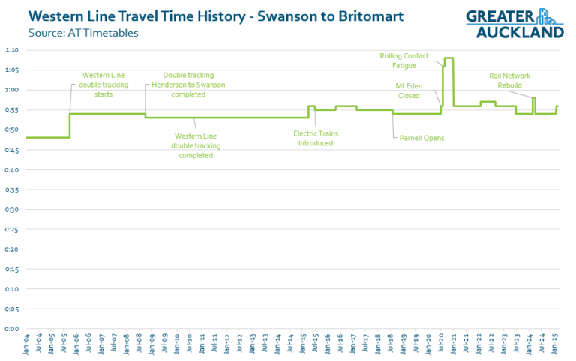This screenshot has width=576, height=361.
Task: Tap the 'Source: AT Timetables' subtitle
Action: (x=83, y=33)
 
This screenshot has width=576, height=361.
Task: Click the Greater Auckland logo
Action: (x=514, y=22)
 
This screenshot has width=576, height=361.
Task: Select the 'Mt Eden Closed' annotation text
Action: (x=409, y=91)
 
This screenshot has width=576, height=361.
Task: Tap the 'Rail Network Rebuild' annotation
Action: (x=509, y=80)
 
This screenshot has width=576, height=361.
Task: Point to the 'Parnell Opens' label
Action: (x=421, y=138)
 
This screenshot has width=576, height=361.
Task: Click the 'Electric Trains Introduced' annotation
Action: (x=315, y=138)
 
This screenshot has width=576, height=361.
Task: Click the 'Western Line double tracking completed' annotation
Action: (x=196, y=145)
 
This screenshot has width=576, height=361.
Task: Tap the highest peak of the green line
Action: (x=448, y=58)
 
